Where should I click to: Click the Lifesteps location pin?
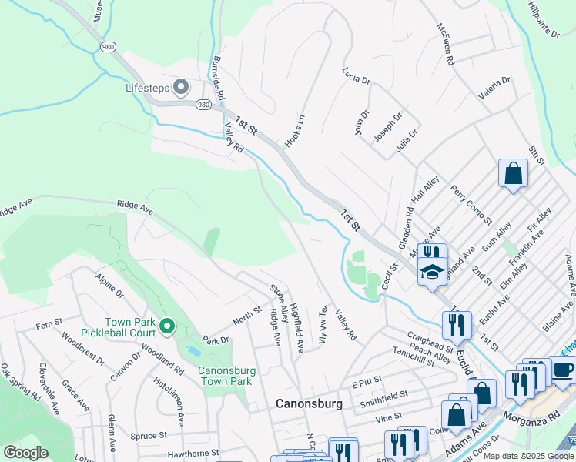[182, 88]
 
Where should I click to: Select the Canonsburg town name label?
[308, 403]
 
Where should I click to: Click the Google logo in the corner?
[25, 453]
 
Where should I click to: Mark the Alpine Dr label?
[109, 284]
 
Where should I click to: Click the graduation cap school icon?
[432, 271]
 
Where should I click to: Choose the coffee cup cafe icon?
[562, 370]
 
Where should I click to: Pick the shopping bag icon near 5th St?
[513, 174]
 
